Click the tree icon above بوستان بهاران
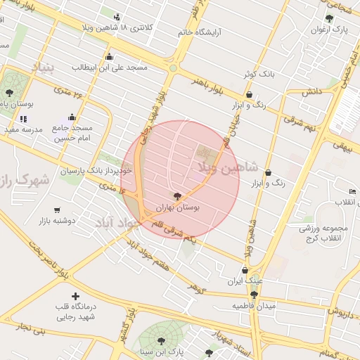click(x=176, y=197)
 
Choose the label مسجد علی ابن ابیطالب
click(x=109, y=67)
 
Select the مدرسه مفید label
click(x=24, y=129)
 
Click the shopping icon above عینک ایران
click(x=245, y=270)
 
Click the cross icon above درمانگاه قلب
click(x=75, y=297)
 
